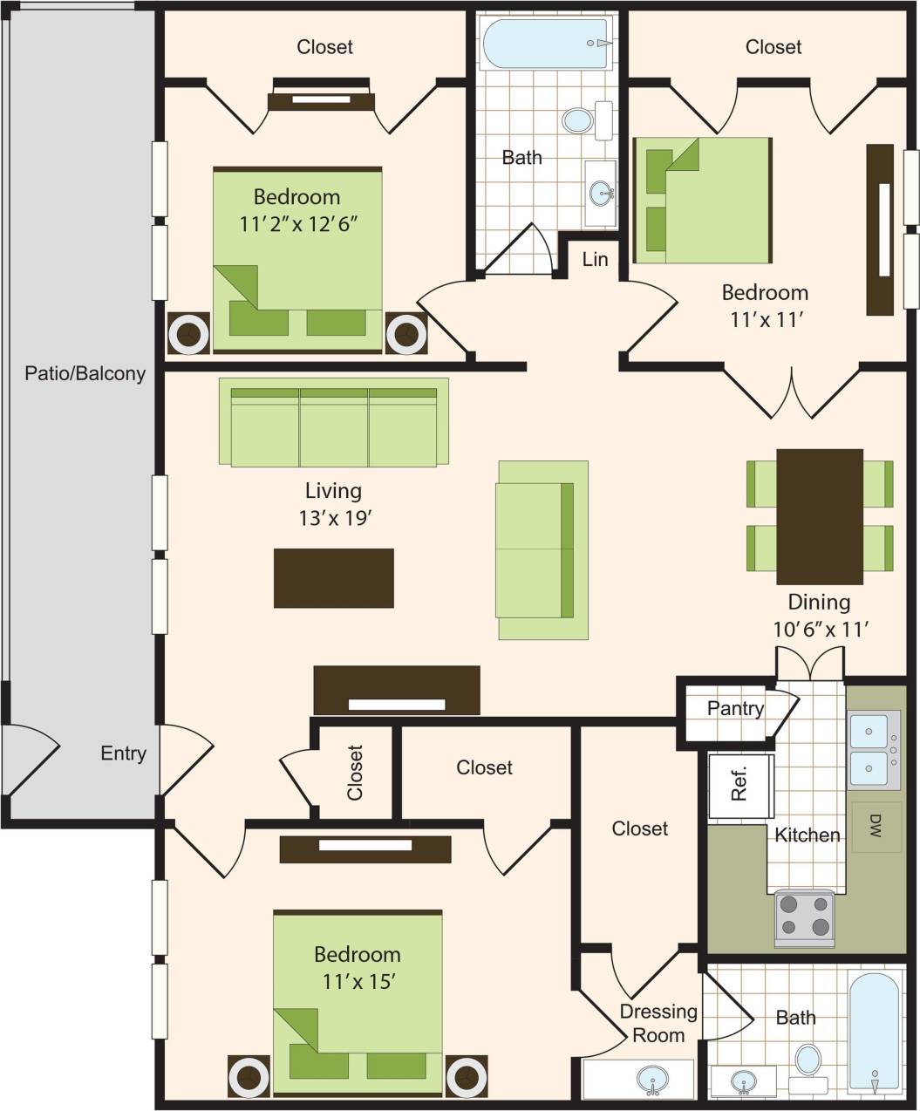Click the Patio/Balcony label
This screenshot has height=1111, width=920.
click(x=85, y=373)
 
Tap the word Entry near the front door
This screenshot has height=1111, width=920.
click(x=123, y=753)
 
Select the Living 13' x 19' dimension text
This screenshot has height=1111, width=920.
click(x=335, y=518)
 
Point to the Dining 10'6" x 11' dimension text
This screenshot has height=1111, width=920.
click(x=820, y=628)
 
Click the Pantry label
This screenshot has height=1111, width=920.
click(x=735, y=708)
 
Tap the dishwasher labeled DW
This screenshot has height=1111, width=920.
click(x=875, y=826)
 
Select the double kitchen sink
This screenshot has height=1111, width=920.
click(x=873, y=748)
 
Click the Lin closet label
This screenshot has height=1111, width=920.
click(x=595, y=259)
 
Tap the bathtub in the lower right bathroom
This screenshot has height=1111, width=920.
click(x=873, y=1033)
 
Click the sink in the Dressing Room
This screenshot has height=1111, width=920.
click(x=650, y=1080)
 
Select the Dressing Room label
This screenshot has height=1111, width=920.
click(x=658, y=1023)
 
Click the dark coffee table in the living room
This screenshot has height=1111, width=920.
click(x=333, y=577)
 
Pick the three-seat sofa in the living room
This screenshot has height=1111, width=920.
click(x=333, y=422)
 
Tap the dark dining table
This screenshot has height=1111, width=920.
click(x=820, y=516)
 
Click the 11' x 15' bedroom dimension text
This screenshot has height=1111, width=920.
click(x=359, y=981)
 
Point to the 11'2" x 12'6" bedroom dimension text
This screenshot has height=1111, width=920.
click(x=298, y=222)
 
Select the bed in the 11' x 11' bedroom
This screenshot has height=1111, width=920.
click(x=702, y=200)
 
